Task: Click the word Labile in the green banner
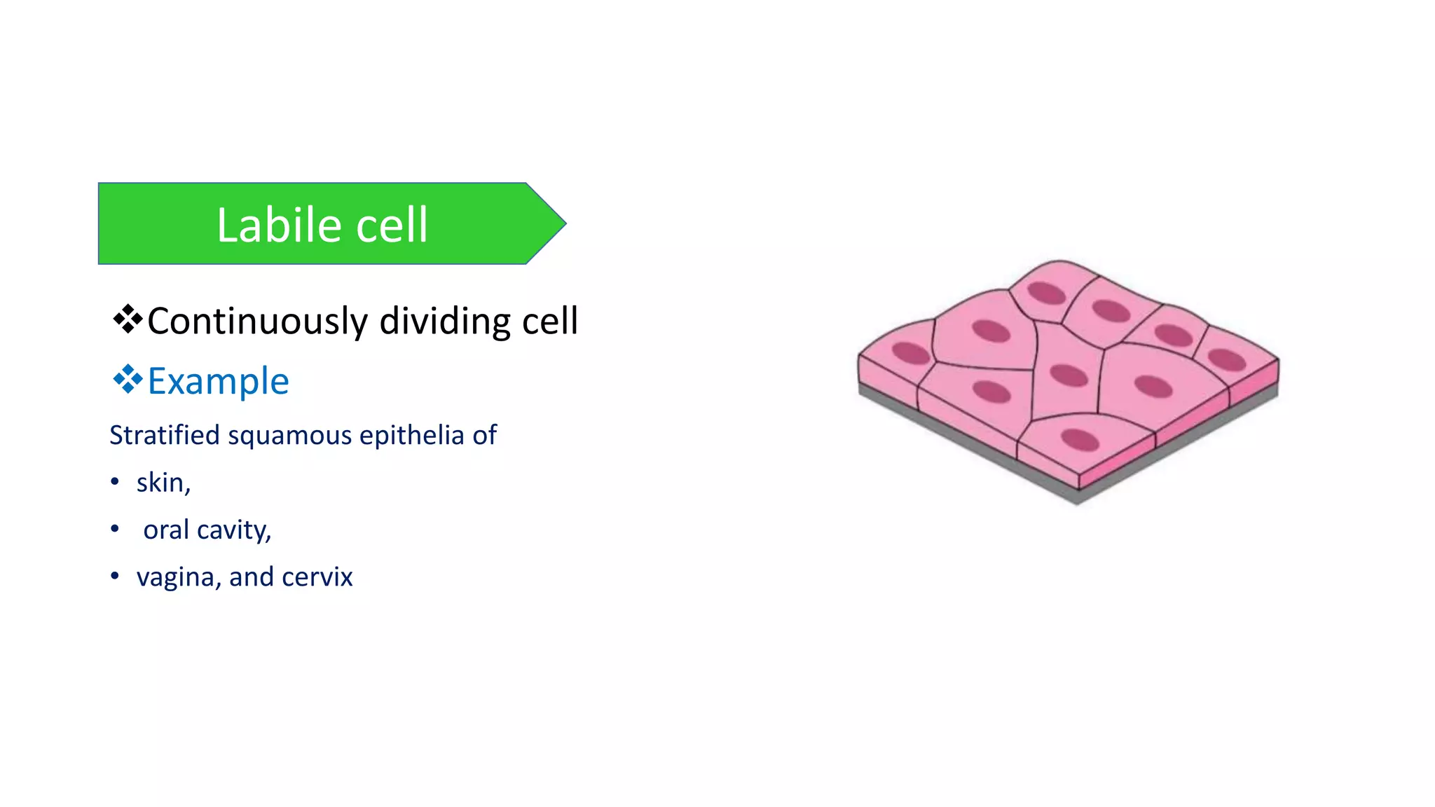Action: pos(279,225)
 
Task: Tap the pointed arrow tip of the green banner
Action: pos(561,223)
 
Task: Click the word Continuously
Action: pos(257,321)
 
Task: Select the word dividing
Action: pos(445,321)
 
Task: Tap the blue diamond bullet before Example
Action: pos(128,379)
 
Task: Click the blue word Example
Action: pos(218,381)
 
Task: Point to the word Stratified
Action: pos(165,435)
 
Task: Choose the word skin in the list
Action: pos(160,482)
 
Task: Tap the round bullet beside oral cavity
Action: pos(115,529)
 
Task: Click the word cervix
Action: pos(317,577)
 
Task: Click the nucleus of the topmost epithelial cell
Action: pos(1046,293)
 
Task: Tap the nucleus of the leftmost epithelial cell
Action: pos(911,352)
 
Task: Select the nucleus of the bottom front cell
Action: pos(1080,441)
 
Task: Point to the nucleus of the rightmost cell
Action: pos(1227,360)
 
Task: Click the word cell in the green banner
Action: pos(392,225)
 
